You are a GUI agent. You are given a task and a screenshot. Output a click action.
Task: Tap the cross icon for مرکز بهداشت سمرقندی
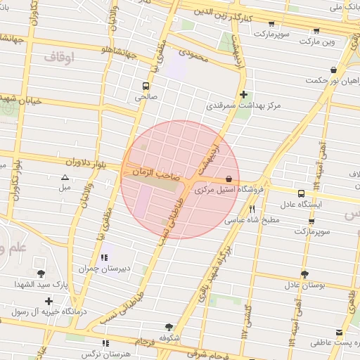coord(243,94)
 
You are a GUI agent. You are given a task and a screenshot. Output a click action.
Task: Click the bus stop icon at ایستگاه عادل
coord(301,193)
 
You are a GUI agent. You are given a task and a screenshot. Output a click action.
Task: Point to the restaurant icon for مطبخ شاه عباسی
coord(251,209)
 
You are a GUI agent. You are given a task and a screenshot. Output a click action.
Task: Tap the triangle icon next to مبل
coord(65,178)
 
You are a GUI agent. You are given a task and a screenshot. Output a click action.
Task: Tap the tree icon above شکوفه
coord(169,327)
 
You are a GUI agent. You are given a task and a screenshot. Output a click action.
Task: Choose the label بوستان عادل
coord(304,285)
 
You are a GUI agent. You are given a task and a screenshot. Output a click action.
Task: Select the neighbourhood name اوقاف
coord(58,56)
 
